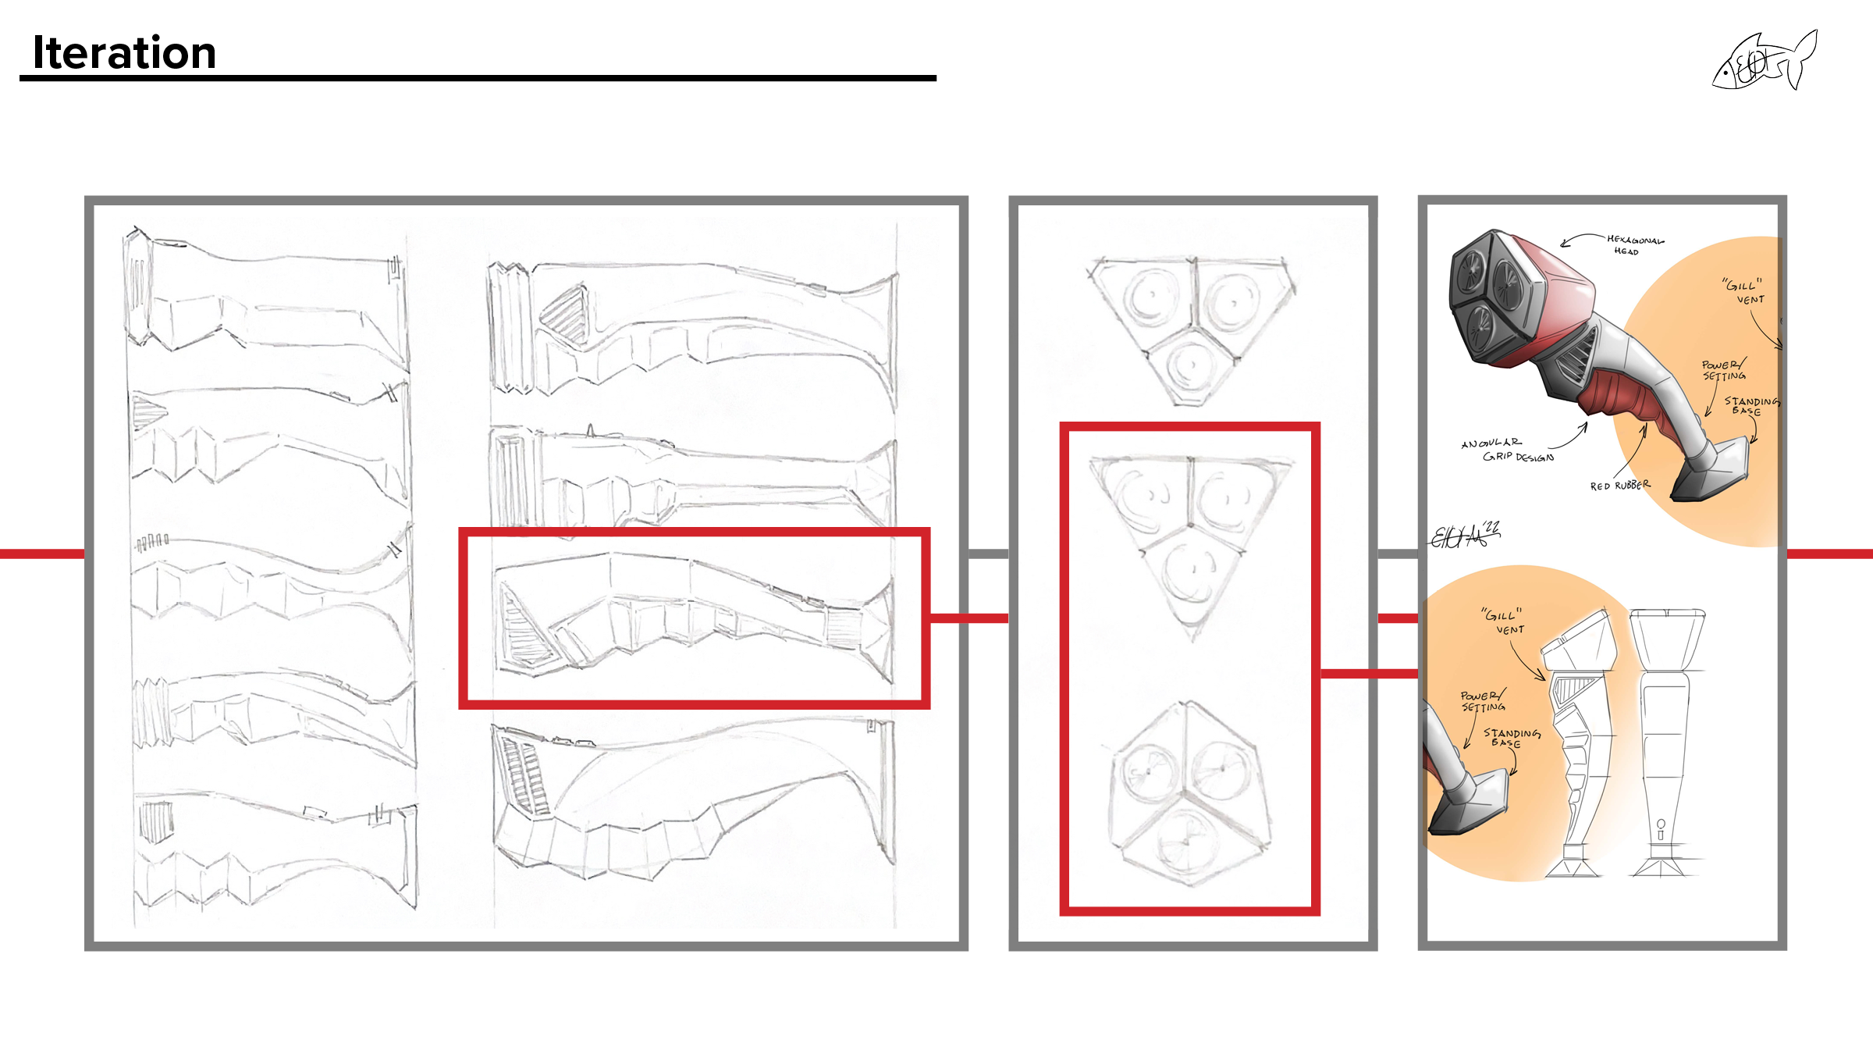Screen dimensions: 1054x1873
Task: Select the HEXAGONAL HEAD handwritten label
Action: [1634, 245]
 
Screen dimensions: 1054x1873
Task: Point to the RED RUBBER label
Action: [1620, 486]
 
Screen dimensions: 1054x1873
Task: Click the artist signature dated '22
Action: [1464, 536]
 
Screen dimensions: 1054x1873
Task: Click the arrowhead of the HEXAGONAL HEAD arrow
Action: [1563, 245]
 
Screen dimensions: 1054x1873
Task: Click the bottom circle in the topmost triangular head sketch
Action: [1189, 365]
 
